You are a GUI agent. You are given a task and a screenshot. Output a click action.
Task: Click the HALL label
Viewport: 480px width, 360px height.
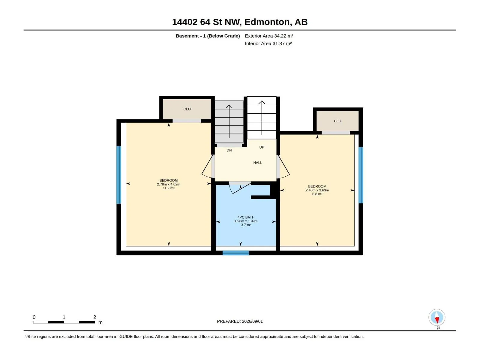point(257,163)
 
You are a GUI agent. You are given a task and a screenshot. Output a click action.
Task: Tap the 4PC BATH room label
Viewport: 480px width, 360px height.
point(246,217)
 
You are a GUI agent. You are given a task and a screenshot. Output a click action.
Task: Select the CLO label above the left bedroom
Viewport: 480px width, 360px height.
point(187,109)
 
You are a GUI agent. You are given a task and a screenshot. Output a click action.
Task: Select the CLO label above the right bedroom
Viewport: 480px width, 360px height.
point(337,121)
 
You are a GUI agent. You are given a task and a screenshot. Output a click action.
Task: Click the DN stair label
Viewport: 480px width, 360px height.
point(229,150)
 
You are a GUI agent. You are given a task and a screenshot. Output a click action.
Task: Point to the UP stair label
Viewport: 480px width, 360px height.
point(262,147)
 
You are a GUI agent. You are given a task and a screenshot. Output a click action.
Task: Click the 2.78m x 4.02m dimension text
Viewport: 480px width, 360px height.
point(168,184)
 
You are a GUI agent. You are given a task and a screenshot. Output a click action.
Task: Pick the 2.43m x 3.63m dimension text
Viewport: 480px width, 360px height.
point(317,190)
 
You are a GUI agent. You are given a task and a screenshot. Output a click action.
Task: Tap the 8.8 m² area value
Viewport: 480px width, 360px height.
point(317,194)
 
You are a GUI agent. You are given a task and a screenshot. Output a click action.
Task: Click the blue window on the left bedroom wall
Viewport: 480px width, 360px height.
point(118,175)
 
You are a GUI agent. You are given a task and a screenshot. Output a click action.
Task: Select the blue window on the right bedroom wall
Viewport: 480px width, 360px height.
point(361,175)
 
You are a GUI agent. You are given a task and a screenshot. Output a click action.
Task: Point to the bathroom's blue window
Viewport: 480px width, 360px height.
point(236,253)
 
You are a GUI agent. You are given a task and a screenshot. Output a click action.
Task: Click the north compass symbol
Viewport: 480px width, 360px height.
point(436,317)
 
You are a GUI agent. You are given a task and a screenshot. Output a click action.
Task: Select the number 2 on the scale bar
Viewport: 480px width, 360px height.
point(94,317)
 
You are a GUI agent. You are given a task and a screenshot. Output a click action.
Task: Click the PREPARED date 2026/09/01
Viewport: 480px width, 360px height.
point(252,321)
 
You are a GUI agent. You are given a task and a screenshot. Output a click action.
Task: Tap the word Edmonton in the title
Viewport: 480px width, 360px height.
point(267,22)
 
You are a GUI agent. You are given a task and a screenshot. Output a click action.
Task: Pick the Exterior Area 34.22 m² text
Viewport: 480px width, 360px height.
point(269,36)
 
